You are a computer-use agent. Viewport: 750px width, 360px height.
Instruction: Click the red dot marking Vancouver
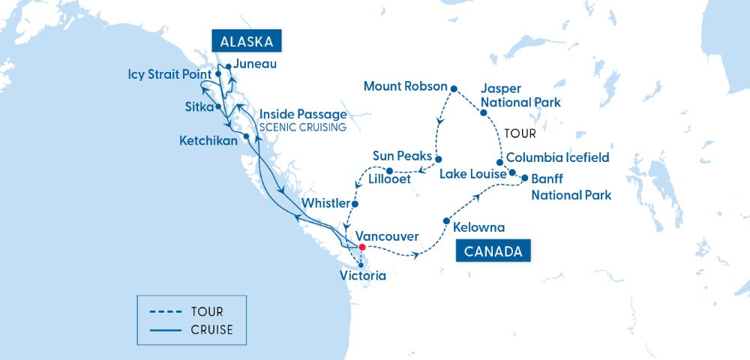361,247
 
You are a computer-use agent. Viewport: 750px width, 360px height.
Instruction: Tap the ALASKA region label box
246,40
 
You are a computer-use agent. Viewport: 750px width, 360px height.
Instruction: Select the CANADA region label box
493,251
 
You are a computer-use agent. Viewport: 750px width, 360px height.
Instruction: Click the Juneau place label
254,64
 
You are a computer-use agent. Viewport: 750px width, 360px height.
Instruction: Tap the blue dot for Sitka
218,107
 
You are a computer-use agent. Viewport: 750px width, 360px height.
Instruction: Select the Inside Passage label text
303,114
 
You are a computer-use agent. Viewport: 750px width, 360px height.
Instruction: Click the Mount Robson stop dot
454,88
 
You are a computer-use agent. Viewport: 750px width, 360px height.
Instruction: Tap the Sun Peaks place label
403,156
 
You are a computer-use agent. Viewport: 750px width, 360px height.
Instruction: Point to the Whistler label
325,203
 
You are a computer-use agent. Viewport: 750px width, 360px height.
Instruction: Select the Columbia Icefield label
557,158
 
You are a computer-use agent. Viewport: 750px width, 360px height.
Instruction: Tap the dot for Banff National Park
523,179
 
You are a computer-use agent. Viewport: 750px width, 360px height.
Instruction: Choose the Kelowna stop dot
446,221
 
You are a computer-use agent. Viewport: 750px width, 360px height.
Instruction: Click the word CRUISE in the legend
211,329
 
